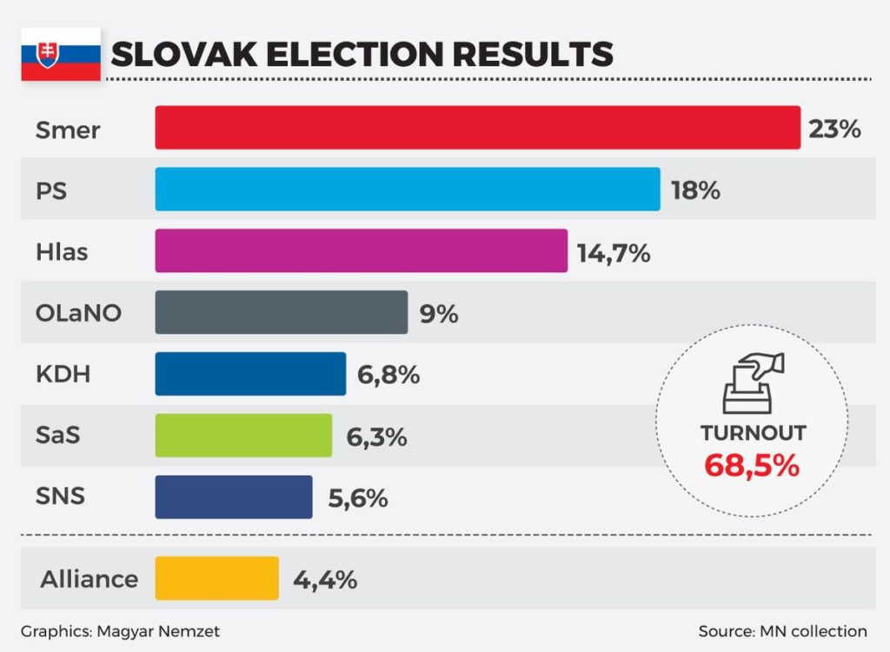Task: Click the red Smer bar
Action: pyautogui.click(x=477, y=128)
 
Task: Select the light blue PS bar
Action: pyautogui.click(x=408, y=189)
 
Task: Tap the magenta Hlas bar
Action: pyautogui.click(x=361, y=250)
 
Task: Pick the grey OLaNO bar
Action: pyautogui.click(x=281, y=312)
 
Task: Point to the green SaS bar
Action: pyautogui.click(x=243, y=436)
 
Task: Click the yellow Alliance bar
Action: pyautogui.click(x=216, y=578)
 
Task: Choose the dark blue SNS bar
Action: pyautogui.click(x=233, y=497)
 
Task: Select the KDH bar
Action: pyautogui.click(x=250, y=374)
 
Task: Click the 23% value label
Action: pyautogui.click(x=834, y=130)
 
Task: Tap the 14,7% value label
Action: pyautogui.click(x=614, y=253)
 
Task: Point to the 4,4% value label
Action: pyautogui.click(x=325, y=580)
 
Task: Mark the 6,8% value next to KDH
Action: pyautogui.click(x=389, y=376)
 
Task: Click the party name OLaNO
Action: pyautogui.click(x=78, y=313)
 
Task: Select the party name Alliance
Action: pyautogui.click(x=89, y=579)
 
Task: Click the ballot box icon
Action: pyautogui.click(x=753, y=383)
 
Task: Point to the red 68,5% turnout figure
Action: pyautogui.click(x=752, y=465)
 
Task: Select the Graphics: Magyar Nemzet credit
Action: pyautogui.click(x=120, y=631)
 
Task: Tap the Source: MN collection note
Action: pyautogui.click(x=782, y=631)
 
